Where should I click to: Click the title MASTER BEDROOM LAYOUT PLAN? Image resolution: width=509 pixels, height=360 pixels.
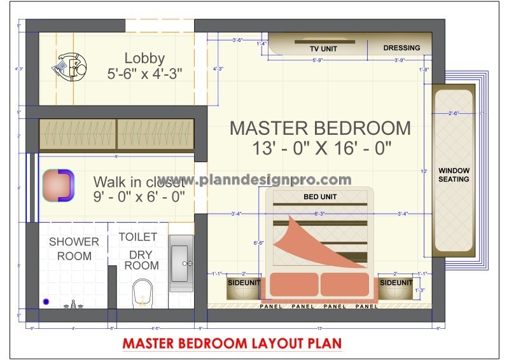pos(232,343)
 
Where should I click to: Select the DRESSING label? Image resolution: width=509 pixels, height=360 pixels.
pos(401,48)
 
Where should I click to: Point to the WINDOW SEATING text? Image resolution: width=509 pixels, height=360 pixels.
pos(454,175)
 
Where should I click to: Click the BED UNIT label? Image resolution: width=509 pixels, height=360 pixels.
pos(319,197)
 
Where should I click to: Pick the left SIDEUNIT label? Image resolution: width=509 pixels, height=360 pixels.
pos(243,282)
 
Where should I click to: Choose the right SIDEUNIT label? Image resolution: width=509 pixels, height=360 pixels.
pos(396,282)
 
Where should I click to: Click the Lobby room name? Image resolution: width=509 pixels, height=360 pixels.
pos(144,58)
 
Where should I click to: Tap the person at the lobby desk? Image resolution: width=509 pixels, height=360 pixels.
pos(77,66)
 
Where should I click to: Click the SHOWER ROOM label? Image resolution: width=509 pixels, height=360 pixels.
pos(74,249)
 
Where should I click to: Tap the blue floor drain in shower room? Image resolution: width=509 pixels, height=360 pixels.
pos(46,301)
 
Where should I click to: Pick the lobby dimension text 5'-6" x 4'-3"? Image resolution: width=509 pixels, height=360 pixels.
pos(144,74)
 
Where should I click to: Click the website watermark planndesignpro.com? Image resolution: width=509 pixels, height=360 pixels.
pos(255,180)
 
